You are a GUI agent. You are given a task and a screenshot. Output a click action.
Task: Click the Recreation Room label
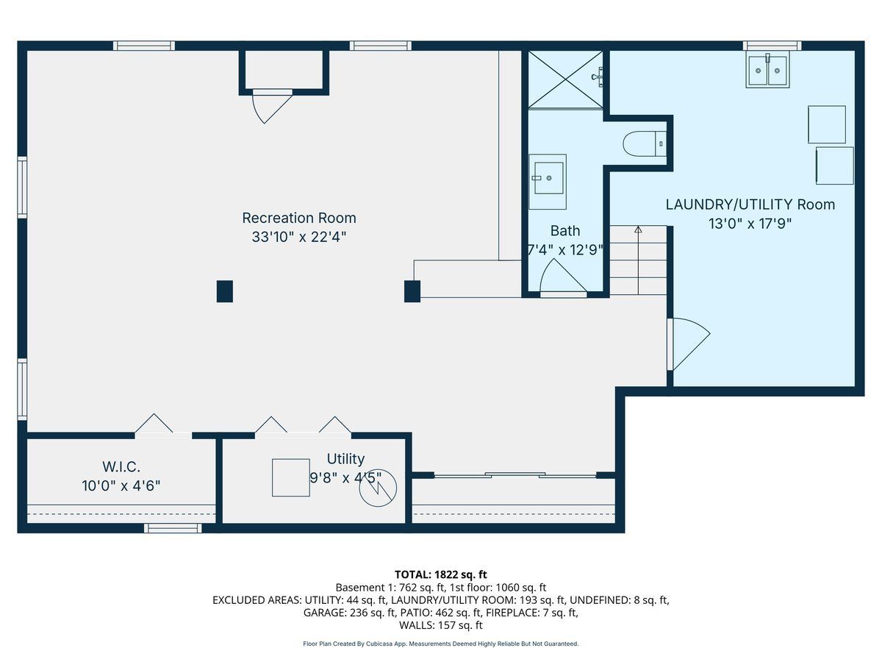[x=299, y=218]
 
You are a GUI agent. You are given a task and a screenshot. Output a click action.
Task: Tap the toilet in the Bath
[x=645, y=143]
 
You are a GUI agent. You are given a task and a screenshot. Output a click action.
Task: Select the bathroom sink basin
[x=548, y=178]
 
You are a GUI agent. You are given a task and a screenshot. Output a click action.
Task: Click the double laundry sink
[x=767, y=70]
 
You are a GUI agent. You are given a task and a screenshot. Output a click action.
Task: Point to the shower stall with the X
[x=565, y=79]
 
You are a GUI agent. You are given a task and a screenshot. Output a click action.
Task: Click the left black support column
[x=225, y=291]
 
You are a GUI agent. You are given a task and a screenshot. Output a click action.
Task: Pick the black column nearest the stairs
[x=412, y=291]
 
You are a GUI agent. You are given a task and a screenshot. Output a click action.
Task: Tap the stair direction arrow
[x=638, y=260]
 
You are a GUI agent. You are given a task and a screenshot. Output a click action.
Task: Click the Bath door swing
[x=563, y=276]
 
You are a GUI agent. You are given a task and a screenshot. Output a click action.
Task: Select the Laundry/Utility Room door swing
[x=689, y=344]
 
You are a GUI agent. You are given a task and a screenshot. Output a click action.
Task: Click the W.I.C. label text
[x=121, y=466]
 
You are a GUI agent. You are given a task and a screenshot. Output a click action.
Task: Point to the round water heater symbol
[x=378, y=488]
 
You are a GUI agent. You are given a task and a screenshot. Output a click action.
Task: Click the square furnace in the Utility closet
[x=290, y=477]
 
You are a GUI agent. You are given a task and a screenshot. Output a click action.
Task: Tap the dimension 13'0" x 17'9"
[x=750, y=224]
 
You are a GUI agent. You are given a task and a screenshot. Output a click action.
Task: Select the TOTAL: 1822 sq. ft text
[x=441, y=574]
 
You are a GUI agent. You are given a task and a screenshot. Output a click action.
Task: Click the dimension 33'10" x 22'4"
[x=299, y=237]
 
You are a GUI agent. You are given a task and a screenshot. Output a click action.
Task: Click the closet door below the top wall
[x=272, y=106]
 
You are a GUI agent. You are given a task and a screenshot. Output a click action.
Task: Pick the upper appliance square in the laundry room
[x=827, y=124]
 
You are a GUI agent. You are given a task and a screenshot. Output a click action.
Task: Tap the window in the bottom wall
[x=173, y=528]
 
